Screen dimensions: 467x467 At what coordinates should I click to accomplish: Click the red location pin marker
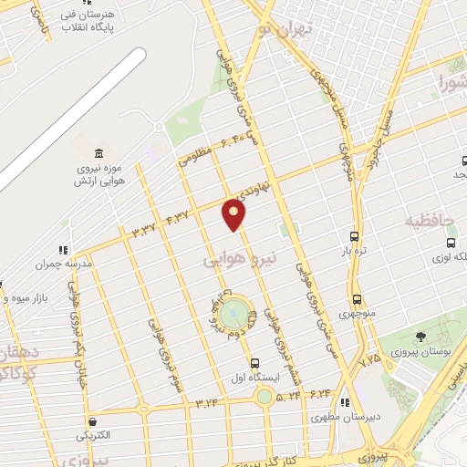point(234,214)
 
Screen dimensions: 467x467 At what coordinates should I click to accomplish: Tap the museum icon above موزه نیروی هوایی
point(99,152)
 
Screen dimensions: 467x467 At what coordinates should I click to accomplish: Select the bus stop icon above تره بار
point(354,235)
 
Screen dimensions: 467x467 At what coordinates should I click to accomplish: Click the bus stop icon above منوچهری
point(356,299)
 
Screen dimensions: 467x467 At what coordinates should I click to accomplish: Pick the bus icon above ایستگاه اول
point(254,362)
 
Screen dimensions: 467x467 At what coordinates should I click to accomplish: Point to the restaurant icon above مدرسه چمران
point(62,249)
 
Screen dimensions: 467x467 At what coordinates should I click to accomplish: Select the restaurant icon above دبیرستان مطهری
point(344,402)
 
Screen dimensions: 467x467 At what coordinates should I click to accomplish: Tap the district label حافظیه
point(429,222)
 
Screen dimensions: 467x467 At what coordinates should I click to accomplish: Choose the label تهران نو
point(285,30)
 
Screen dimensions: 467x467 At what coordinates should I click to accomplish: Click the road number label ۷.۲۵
point(369,362)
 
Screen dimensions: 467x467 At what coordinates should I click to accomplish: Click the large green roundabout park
point(236,315)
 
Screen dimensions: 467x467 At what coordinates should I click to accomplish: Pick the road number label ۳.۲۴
point(208,401)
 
